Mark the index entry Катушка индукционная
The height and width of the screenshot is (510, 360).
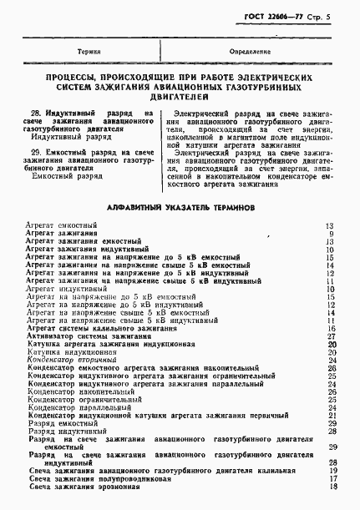69,353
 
